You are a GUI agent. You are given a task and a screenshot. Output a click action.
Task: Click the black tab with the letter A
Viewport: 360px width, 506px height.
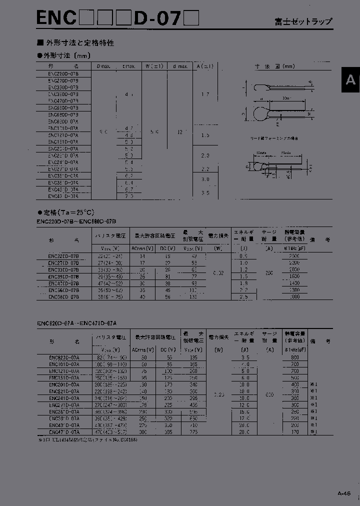coord(350,79)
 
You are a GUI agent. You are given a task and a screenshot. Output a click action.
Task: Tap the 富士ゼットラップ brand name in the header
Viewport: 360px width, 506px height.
coord(303,21)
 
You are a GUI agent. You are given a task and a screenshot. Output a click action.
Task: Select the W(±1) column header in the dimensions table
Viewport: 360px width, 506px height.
coord(150,66)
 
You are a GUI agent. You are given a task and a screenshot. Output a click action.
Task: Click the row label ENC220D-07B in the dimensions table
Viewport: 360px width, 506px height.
coord(63,73)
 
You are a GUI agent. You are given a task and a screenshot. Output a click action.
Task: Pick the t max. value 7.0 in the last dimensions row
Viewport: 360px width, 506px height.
coord(128,196)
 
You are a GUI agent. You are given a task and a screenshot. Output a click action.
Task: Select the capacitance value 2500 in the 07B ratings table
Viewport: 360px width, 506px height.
coord(294,255)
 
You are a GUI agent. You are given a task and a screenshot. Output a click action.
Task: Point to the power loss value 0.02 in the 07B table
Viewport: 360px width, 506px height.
coord(218,273)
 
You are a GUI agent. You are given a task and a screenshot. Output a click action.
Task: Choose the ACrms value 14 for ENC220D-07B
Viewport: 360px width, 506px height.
coord(142,255)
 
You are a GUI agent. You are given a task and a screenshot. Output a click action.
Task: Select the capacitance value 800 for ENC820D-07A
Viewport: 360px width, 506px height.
coord(294,357)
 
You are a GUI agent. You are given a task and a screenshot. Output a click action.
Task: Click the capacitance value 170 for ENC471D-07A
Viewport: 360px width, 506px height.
coord(294,431)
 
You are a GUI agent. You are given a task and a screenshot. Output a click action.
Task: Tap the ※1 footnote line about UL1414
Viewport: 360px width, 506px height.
coord(87,439)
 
